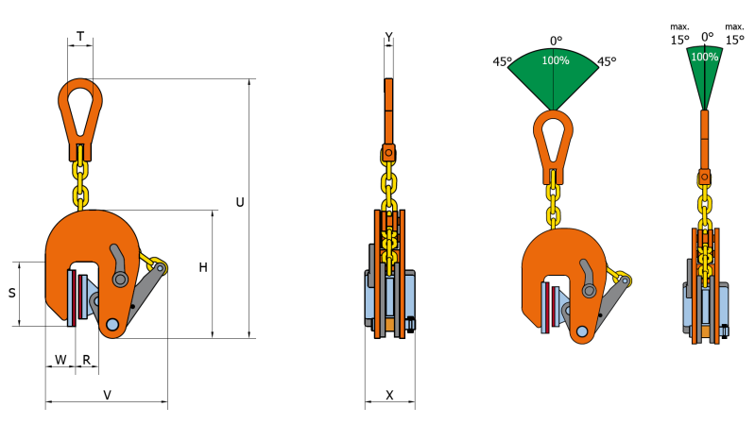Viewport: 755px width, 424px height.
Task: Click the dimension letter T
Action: tap(80, 37)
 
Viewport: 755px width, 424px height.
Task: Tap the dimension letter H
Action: tap(203, 268)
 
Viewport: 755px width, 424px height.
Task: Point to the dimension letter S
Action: tap(12, 294)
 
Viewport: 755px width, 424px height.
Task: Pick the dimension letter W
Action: tap(60, 360)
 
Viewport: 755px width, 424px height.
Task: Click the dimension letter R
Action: tap(86, 360)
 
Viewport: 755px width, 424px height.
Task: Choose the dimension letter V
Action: tap(107, 395)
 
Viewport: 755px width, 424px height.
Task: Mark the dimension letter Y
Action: tap(389, 37)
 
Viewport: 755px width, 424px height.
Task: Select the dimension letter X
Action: tap(389, 395)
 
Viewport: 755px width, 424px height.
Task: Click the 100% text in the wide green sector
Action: tap(555, 60)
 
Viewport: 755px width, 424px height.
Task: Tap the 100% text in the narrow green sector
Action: tap(704, 57)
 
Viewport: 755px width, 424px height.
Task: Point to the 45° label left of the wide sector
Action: tap(503, 61)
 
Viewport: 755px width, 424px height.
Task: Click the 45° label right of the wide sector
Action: tap(607, 61)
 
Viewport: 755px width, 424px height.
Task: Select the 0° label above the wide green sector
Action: tap(556, 41)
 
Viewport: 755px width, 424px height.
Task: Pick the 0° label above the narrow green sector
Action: tap(707, 37)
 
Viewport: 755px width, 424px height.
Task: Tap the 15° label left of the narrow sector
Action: tap(679, 40)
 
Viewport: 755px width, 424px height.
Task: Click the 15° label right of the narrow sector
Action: tap(734, 40)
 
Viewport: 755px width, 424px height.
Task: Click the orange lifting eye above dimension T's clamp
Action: tap(79, 109)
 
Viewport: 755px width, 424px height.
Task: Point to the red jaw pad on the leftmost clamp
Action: tap(71, 297)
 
